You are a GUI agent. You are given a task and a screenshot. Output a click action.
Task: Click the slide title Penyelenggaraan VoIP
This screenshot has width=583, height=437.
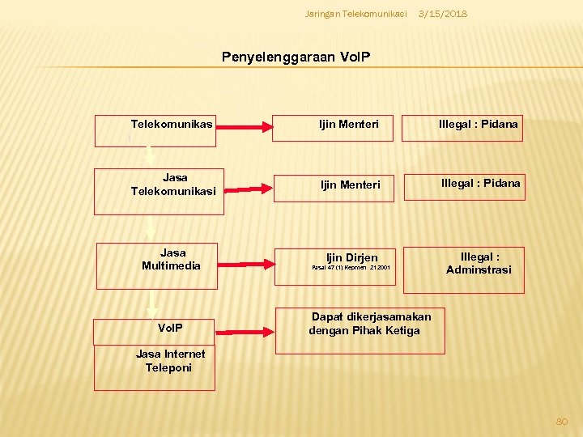click(x=296, y=57)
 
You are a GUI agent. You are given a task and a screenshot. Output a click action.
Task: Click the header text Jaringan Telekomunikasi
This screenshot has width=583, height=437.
click(x=355, y=15)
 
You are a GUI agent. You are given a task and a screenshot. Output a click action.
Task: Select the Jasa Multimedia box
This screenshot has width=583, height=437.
click(x=157, y=265)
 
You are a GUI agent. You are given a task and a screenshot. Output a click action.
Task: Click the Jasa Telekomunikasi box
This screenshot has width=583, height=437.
click(x=160, y=191)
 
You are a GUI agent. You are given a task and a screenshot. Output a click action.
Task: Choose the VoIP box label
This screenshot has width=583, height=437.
click(x=171, y=329)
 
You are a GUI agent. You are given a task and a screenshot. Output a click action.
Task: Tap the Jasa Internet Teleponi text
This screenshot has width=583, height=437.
click(x=170, y=361)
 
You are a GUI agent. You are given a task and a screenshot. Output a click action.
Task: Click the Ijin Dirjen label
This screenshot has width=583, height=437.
click(x=351, y=257)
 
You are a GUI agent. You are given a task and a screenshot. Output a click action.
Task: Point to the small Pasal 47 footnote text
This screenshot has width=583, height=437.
click(x=351, y=267)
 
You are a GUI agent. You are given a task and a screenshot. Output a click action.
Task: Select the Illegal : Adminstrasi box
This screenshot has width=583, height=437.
click(x=478, y=263)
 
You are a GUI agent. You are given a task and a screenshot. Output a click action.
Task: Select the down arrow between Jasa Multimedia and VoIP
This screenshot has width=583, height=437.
click(x=151, y=303)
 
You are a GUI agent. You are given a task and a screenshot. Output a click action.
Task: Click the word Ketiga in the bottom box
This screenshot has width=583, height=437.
click(x=402, y=330)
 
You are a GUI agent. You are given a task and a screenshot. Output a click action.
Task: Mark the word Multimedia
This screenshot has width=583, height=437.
click(x=171, y=265)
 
